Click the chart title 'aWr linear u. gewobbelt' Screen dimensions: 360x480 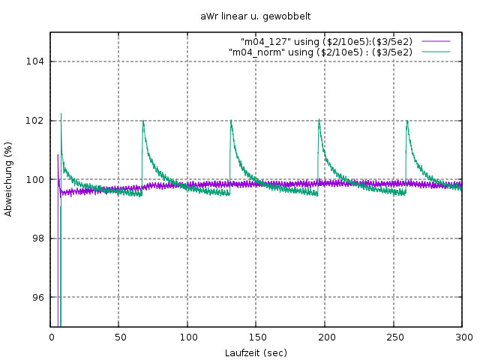256,15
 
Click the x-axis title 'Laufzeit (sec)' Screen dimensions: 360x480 256,352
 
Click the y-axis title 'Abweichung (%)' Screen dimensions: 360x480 9,179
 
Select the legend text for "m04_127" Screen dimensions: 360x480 326,41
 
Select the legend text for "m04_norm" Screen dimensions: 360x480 320,52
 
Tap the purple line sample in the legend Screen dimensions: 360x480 435,41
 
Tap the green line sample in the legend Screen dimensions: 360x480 435,52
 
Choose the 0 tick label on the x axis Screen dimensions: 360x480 51,337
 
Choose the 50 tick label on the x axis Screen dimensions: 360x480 119,337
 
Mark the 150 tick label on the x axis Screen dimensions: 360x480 256,337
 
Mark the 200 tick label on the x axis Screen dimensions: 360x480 325,337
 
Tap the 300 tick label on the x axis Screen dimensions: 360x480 463,337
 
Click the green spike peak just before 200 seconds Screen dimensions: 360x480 319,120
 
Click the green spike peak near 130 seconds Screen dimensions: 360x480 231,120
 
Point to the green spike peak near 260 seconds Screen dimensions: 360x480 406,120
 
